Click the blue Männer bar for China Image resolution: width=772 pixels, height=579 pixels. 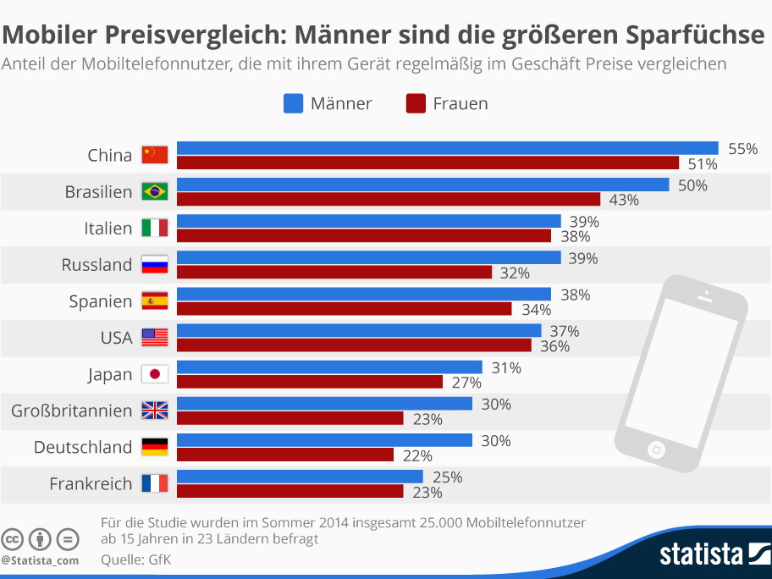click(447, 148)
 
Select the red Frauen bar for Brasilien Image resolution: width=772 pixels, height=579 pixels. click(389, 200)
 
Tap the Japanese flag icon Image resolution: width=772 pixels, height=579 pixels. click(155, 374)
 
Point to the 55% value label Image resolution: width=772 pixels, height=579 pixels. click(742, 148)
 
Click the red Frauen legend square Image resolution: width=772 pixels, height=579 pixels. click(415, 103)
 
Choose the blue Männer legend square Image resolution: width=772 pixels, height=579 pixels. click(293, 103)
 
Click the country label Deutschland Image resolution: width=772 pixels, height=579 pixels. click(83, 447)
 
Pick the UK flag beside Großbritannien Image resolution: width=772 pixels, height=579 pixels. click(155, 411)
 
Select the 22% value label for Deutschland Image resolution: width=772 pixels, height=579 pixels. click(416, 455)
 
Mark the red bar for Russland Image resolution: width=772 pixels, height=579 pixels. click(334, 273)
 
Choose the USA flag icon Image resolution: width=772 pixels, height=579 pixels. click(155, 338)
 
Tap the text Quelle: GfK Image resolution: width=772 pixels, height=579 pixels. click(135, 560)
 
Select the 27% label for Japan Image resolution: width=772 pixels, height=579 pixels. click(466, 383)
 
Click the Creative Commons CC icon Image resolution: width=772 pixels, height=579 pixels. click(12, 539)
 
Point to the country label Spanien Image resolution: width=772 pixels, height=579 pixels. click(101, 301)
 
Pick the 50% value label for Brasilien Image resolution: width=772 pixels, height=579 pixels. click(692, 185)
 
